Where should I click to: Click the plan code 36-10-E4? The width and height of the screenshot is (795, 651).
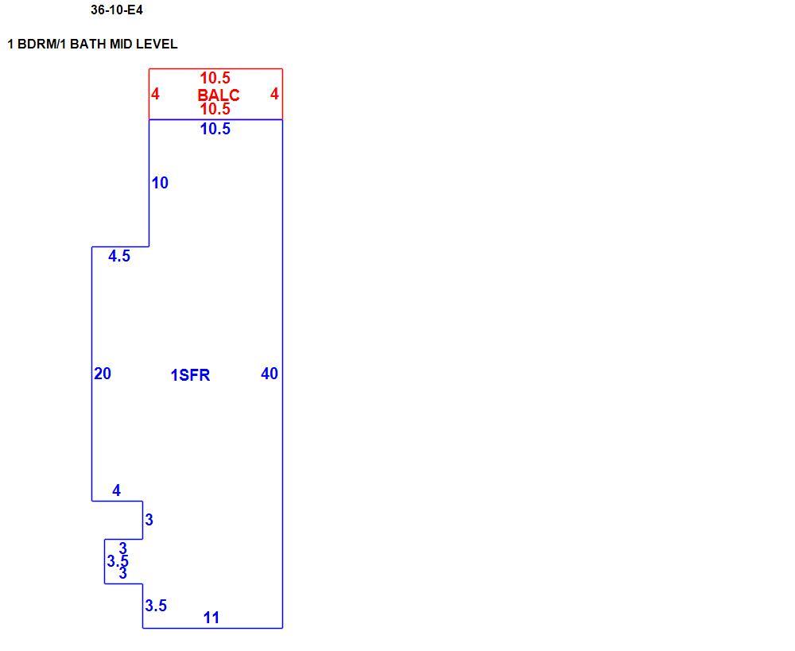[x=117, y=10]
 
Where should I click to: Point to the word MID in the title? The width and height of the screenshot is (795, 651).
[x=121, y=44]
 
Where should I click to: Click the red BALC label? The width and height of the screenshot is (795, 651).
[x=219, y=95]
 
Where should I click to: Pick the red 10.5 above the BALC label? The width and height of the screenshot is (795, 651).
[x=215, y=78]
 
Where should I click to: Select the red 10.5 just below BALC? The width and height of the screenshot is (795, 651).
[x=215, y=109]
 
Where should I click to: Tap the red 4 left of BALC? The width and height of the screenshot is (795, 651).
[x=155, y=94]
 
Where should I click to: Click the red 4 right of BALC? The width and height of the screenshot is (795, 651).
[x=274, y=94]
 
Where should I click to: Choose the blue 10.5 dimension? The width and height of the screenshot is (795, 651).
[x=215, y=129]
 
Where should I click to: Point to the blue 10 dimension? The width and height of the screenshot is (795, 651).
[x=160, y=183]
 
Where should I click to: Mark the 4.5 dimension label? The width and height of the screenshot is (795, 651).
[x=119, y=256]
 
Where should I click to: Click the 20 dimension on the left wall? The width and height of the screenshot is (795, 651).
[x=103, y=374]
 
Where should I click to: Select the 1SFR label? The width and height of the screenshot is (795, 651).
[x=190, y=375]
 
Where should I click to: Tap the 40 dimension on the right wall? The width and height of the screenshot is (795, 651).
[x=270, y=374]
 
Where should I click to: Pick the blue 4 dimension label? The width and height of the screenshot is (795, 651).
[x=117, y=490]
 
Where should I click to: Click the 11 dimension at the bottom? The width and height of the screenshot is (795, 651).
[x=211, y=618]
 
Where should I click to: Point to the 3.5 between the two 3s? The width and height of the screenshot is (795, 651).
[x=118, y=561]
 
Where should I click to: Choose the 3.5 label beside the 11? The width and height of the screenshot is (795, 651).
[x=156, y=606]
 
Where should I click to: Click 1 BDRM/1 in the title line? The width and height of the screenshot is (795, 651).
[x=37, y=44]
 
